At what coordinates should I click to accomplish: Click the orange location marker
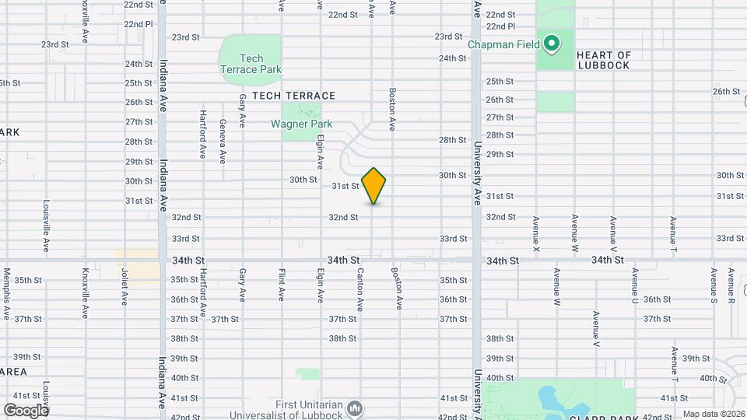click(374, 185)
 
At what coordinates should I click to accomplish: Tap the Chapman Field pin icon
click(552, 44)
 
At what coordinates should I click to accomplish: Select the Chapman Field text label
click(503, 44)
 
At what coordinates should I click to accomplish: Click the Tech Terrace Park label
click(251, 64)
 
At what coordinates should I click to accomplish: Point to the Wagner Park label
click(301, 124)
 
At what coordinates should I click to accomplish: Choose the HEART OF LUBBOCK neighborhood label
click(604, 60)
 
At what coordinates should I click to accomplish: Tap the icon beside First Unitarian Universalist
click(355, 407)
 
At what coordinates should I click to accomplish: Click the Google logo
click(26, 410)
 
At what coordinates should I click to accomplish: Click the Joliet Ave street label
click(124, 287)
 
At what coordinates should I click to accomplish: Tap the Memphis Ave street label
click(7, 294)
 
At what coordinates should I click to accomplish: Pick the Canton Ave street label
click(360, 289)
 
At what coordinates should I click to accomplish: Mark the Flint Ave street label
click(282, 285)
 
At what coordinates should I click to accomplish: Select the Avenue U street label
click(636, 287)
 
